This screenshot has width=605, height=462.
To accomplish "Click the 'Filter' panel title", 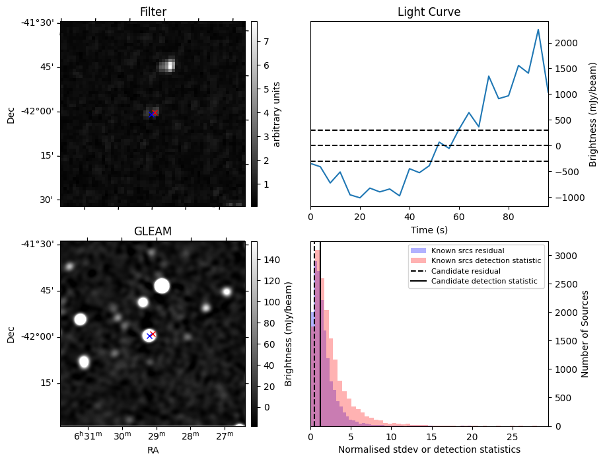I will coord(153,12).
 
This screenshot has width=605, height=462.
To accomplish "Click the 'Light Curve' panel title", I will coord(429,12).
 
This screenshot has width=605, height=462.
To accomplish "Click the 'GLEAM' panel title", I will coord(153,231).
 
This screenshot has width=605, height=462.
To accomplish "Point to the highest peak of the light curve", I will coord(538,30).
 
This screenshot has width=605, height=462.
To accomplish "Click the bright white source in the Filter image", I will coord(168,65).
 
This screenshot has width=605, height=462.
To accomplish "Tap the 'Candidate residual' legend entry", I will coord(466,272).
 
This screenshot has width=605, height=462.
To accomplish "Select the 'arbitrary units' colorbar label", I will coord(277,114).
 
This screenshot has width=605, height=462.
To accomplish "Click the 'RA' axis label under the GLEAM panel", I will coord(153,450).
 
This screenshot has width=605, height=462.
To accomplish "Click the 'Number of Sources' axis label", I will coord(585,334).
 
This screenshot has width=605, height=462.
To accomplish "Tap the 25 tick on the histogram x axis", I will coord(512,437).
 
